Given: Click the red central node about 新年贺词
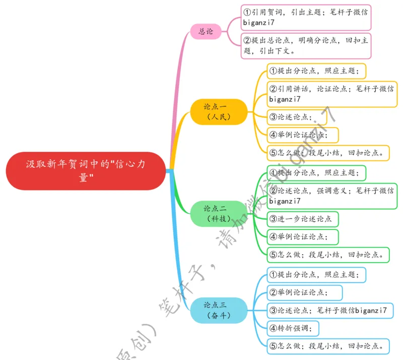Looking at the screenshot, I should pyautogui.click(x=86, y=171).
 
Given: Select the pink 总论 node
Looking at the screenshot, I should pyautogui.click(x=206, y=31).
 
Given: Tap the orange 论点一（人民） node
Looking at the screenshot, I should pyautogui.click(x=218, y=111).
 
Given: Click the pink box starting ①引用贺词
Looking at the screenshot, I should pyautogui.click(x=306, y=18).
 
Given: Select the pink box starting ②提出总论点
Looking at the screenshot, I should pyautogui.click(x=306, y=45).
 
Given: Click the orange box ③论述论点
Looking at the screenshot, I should pyautogui.click(x=296, y=117).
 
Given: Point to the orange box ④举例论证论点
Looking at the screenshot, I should pyautogui.click(x=302, y=135).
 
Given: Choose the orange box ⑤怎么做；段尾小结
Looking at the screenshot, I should pyautogui.click(x=328, y=152).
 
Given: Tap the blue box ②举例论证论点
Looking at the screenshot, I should pyautogui.click(x=304, y=292).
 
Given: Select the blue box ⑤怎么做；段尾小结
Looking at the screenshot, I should pyautogui.click(x=328, y=346).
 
